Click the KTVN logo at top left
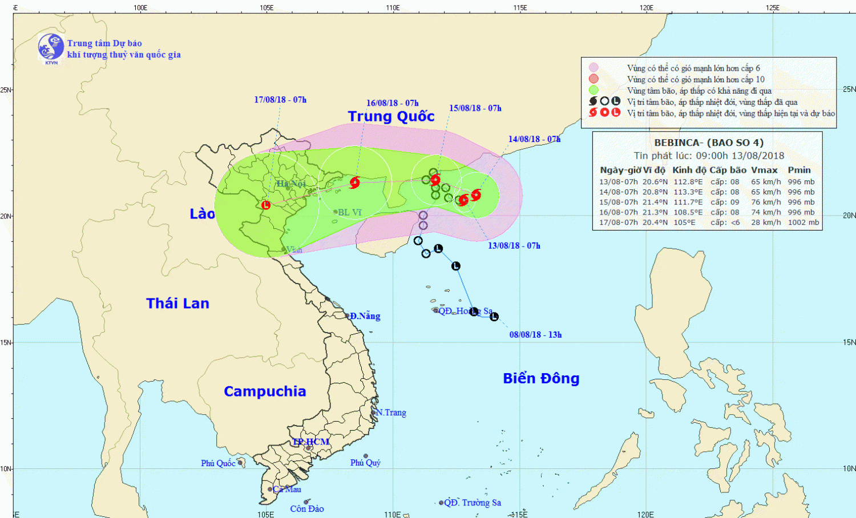coord(51,47)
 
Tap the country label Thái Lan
coord(177,303)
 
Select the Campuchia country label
coord(265,391)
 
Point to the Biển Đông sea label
coord(541,379)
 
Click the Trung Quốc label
coord(391,116)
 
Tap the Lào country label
coord(202,214)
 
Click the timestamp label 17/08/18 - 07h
coord(280,100)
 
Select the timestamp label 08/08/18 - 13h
coord(535,335)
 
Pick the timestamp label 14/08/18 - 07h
coord(534,139)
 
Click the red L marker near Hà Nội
coord(266,205)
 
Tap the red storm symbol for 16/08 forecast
coord(355,183)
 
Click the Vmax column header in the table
coord(764,170)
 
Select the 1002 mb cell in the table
coord(803,222)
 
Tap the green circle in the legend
coord(593,90)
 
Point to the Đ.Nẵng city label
coord(365,316)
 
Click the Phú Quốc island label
coord(218,463)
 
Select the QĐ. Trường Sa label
coord(473,503)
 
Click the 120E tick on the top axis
coord(646,7)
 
